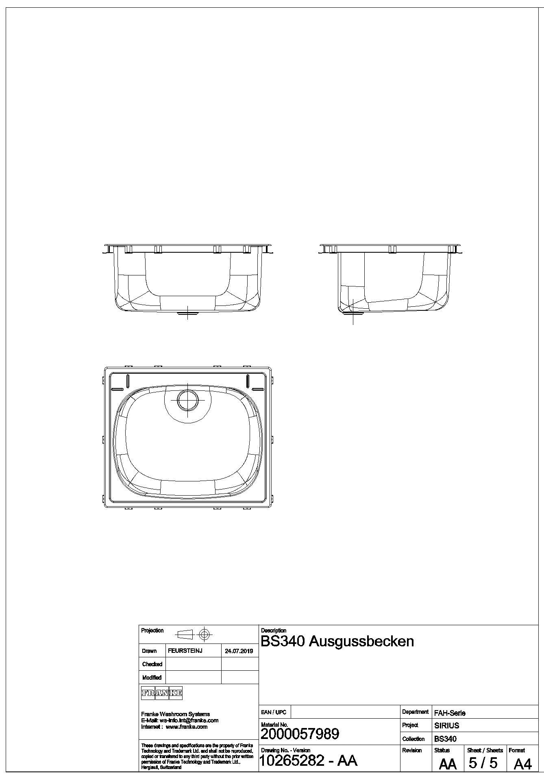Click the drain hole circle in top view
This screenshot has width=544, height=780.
[x=187, y=400]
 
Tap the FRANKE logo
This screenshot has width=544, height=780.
[x=161, y=693]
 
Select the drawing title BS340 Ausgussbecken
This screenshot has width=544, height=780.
[x=337, y=641]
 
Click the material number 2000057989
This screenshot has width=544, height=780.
[x=300, y=734]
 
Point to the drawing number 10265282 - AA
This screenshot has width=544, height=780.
[x=308, y=760]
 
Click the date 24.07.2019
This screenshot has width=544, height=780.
[x=239, y=651]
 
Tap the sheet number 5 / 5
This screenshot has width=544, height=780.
[x=483, y=763]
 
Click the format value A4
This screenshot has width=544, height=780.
[x=522, y=764]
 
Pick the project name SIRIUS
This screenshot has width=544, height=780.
[x=446, y=725]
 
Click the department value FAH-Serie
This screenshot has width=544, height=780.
[x=450, y=713]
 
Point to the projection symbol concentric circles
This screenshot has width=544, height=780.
[x=205, y=634]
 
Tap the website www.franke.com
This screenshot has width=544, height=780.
[x=187, y=726]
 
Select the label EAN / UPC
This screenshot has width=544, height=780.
[x=274, y=712]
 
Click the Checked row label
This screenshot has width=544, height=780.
[x=152, y=664]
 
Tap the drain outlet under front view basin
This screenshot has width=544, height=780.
[x=187, y=313]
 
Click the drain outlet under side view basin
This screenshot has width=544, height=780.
[x=350, y=313]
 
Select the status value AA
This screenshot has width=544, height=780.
[x=448, y=764]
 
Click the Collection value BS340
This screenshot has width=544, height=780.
[x=445, y=739]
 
